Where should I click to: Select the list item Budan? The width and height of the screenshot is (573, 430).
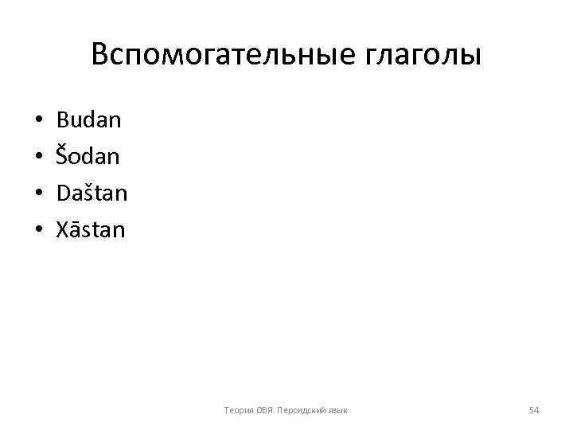(89, 121)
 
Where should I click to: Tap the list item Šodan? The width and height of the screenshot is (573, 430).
(88, 157)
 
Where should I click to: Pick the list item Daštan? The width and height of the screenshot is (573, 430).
(92, 193)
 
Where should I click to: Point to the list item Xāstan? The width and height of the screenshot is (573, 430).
(91, 230)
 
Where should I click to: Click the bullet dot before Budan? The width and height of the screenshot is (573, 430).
(38, 122)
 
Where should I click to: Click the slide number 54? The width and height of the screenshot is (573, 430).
(534, 410)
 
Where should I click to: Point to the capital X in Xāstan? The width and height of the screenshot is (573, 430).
(63, 230)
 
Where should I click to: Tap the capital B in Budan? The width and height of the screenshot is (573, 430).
(63, 121)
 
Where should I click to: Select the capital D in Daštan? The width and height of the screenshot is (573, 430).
(64, 193)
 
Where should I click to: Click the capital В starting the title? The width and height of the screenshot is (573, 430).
(100, 55)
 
